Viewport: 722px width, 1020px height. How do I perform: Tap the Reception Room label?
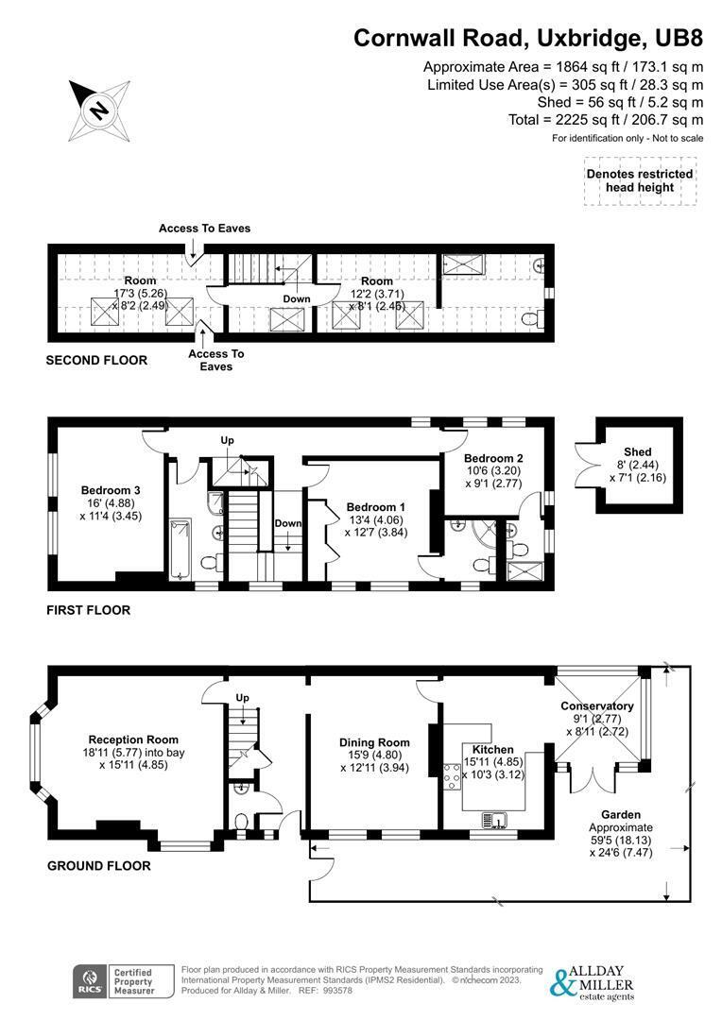coord(133,739)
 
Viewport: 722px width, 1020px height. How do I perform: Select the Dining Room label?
coord(375,743)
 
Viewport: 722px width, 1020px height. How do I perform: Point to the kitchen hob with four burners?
coord(450,780)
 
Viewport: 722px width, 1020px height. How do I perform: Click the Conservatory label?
coord(596,705)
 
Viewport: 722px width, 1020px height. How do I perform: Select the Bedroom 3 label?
coord(111,490)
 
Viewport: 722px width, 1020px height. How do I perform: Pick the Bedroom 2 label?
coord(493,458)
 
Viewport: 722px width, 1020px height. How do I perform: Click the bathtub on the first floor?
coord(180,549)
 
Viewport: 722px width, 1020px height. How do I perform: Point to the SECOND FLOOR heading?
coord(96,360)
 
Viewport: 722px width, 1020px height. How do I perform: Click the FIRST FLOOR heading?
coord(88,610)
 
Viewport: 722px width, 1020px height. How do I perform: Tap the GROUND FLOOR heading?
coord(98,865)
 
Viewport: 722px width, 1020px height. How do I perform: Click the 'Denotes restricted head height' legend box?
coord(640,180)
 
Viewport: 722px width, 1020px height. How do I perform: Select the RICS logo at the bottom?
coord(92,982)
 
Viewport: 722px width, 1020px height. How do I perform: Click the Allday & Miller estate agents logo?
coord(593,982)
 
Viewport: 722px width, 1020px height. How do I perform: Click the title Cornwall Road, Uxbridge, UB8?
coord(528,38)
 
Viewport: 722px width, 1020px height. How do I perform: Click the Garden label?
coord(621,814)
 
